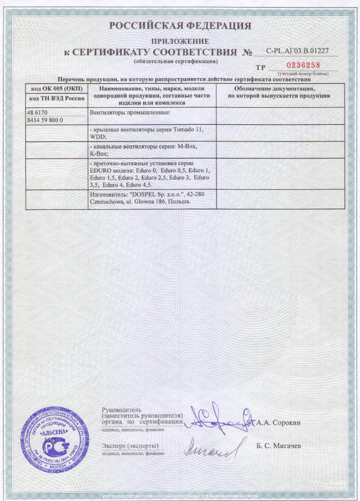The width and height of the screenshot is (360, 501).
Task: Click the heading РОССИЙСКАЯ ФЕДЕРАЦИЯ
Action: tap(180, 26)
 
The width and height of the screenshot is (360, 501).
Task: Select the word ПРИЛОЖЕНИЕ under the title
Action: tap(180, 42)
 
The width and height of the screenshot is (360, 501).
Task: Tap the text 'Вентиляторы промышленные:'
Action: tap(130, 113)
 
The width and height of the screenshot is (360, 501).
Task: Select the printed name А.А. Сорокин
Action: tap(285, 423)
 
